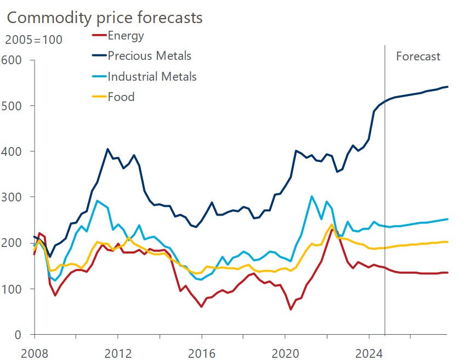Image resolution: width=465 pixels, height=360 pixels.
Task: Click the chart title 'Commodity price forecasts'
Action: pyautogui.click(x=104, y=18)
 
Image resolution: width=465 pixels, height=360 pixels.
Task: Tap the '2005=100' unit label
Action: pyautogui.click(x=34, y=40)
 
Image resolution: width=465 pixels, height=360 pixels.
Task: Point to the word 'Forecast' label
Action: pyautogui.click(x=418, y=57)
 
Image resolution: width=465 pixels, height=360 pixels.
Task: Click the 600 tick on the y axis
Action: pyautogui.click(x=11, y=60)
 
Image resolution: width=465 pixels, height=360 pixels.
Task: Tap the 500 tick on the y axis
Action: pyautogui.click(x=11, y=105)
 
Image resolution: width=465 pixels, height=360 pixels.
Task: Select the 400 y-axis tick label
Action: pyautogui.click(x=11, y=151)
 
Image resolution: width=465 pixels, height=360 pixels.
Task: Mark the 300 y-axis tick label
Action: pyautogui.click(x=11, y=197)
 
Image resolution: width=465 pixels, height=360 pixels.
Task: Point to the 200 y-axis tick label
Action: pyautogui.click(x=11, y=243)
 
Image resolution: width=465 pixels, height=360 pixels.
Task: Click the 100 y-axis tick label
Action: pyautogui.click(x=11, y=289)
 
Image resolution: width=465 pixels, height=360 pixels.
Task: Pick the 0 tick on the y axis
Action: pyautogui.click(x=18, y=335)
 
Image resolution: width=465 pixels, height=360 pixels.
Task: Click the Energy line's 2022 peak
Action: pyautogui.click(x=332, y=229)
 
